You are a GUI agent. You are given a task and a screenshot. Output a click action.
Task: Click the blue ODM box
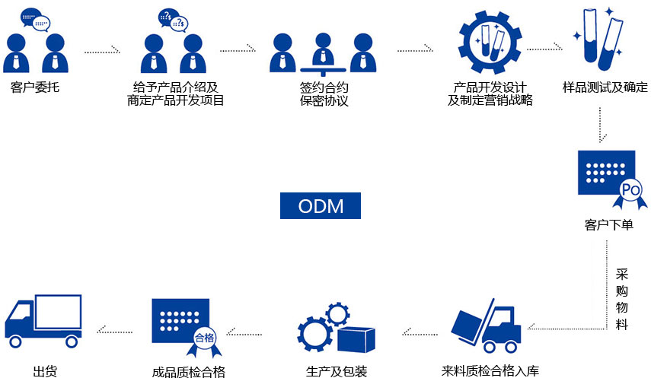(x=320, y=205)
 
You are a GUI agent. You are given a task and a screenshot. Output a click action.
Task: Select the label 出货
(x=45, y=371)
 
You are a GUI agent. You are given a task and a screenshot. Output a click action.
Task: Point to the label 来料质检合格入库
(x=490, y=371)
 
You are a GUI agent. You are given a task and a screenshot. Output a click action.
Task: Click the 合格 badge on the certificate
(x=205, y=338)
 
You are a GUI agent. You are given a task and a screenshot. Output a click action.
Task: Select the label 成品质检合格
(x=188, y=372)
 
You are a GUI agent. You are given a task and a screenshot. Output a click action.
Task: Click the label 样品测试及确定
(x=605, y=87)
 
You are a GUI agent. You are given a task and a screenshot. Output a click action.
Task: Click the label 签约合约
(x=324, y=87)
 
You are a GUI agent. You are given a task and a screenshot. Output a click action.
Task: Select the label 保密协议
(x=324, y=100)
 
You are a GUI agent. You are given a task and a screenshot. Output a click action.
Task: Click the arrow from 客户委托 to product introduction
(x=102, y=51)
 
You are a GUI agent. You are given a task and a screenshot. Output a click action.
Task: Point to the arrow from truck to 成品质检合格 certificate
(x=114, y=331)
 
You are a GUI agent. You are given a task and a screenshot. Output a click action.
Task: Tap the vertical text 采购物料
(x=621, y=298)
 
